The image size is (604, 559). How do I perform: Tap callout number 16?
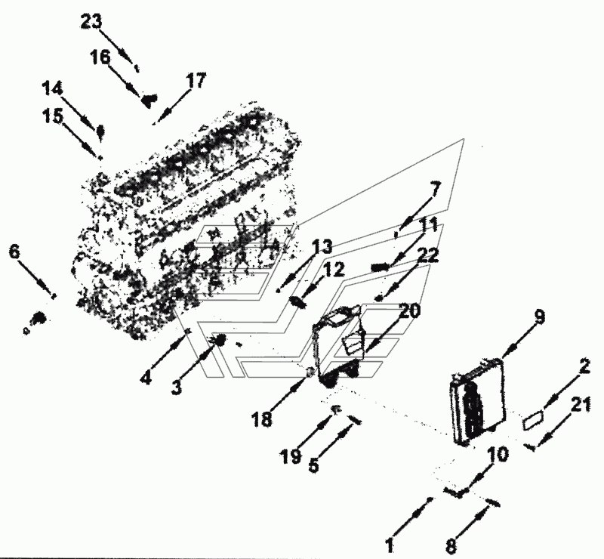[x=100, y=57]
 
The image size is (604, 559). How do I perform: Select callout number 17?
[x=196, y=81]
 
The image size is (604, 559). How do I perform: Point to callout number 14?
[x=52, y=88]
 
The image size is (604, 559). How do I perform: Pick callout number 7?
[x=434, y=189]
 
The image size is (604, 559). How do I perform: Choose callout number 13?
[x=322, y=246]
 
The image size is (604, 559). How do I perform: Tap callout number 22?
[x=428, y=256]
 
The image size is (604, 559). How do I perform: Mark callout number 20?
[x=410, y=310]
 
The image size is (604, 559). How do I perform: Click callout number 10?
[x=498, y=455]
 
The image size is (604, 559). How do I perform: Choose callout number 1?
[x=390, y=544]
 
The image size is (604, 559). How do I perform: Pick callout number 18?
[x=262, y=420]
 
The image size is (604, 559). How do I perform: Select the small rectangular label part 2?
[x=534, y=418]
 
